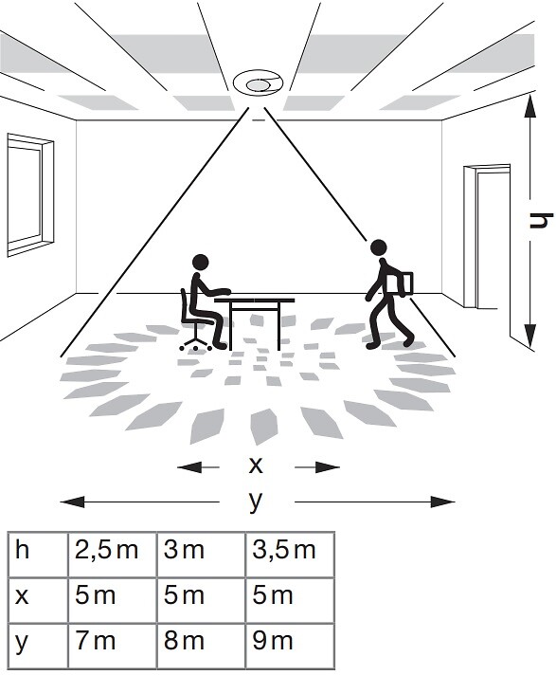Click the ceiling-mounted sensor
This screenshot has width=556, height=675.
(x=258, y=82)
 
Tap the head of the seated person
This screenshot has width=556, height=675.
(x=201, y=263)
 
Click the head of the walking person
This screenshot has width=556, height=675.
(x=379, y=247)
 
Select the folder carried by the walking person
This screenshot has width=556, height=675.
(x=402, y=284)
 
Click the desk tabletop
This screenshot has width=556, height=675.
(x=255, y=300)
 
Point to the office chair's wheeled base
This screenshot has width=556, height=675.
(x=196, y=343)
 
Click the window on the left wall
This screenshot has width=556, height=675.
(x=29, y=195)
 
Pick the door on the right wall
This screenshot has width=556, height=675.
(x=487, y=237)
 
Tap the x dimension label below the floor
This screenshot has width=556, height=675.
(x=256, y=465)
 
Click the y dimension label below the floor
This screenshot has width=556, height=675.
(x=256, y=502)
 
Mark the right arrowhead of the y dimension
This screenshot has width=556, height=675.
(x=443, y=502)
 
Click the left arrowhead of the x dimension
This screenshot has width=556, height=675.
(x=189, y=466)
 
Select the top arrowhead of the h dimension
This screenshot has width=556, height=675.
(x=530, y=106)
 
